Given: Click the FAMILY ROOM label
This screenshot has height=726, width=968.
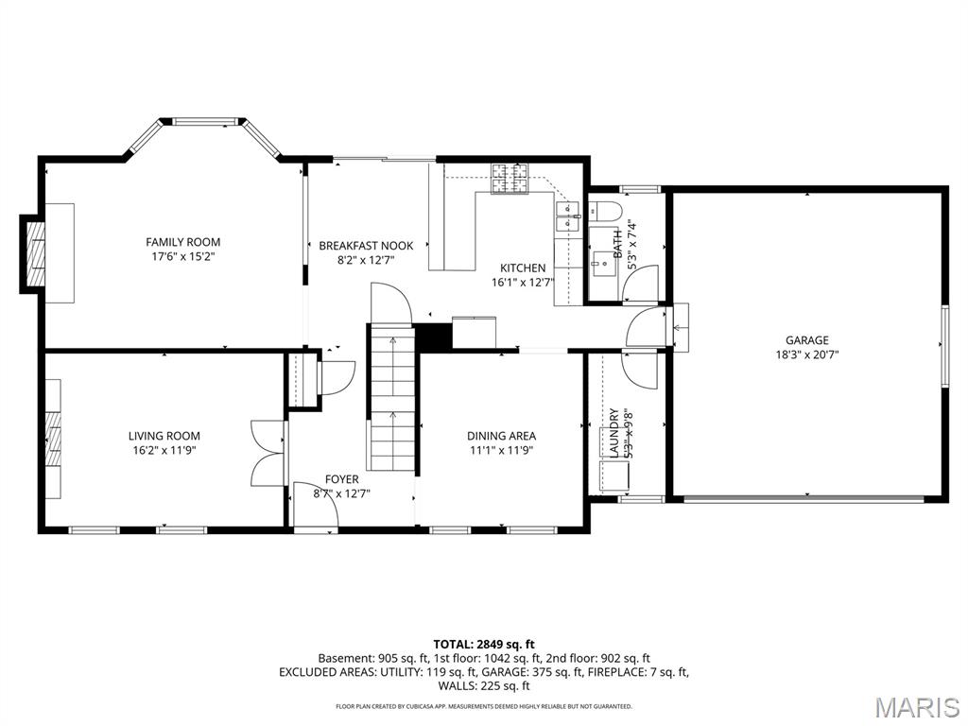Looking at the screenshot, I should pos(182,242).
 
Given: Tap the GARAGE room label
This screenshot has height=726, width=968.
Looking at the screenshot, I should pos(806,340).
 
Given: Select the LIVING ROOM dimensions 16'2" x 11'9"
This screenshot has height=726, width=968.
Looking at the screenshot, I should pos(164,450).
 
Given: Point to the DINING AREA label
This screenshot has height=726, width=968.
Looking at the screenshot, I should pos(501,436).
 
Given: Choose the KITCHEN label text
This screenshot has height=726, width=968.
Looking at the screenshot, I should pos(523,268).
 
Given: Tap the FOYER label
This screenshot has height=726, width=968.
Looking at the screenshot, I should pos(341,479).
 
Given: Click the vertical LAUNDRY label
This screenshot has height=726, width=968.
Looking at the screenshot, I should pos(614,433).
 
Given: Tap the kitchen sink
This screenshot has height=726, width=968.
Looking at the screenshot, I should pos(567,222).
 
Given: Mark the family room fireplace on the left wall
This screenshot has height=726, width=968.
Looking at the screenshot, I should pos(35,252).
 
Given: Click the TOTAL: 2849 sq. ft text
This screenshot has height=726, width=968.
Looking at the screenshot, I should pos(483,644).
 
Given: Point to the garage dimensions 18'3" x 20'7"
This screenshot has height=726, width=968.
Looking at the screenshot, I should pos(806,355).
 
